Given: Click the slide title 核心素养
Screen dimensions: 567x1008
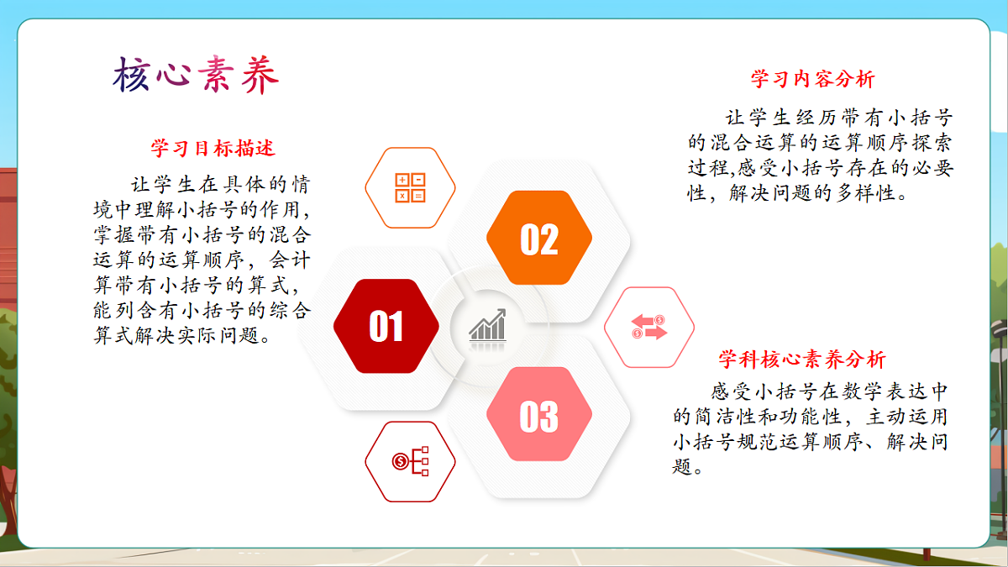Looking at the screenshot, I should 195,76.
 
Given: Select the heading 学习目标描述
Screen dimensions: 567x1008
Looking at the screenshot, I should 213,149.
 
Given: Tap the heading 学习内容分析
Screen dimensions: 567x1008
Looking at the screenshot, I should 812,79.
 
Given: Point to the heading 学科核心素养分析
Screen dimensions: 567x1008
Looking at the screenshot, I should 801,360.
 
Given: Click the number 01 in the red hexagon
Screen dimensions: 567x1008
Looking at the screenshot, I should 386,327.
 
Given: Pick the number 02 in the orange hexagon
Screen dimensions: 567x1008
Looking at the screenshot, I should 539,239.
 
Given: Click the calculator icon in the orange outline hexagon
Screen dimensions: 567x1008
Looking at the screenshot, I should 411,187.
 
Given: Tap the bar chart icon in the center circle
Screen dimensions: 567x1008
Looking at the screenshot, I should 487,326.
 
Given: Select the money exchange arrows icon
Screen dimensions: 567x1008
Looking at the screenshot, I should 648,327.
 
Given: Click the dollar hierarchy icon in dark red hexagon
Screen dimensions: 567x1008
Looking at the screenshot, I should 410,461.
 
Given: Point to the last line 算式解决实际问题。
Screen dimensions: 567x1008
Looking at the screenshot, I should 182,337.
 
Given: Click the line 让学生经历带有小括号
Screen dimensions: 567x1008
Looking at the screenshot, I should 839,118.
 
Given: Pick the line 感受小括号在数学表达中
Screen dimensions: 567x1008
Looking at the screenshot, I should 830,391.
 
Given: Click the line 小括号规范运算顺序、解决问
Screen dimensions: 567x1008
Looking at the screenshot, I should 811,441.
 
